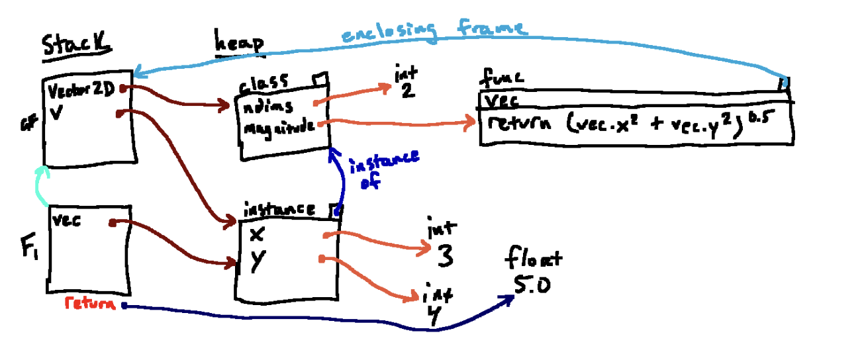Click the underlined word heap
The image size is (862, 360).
click(x=239, y=44)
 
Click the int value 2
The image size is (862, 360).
click(x=407, y=91)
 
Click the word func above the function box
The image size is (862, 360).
click(x=501, y=78)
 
